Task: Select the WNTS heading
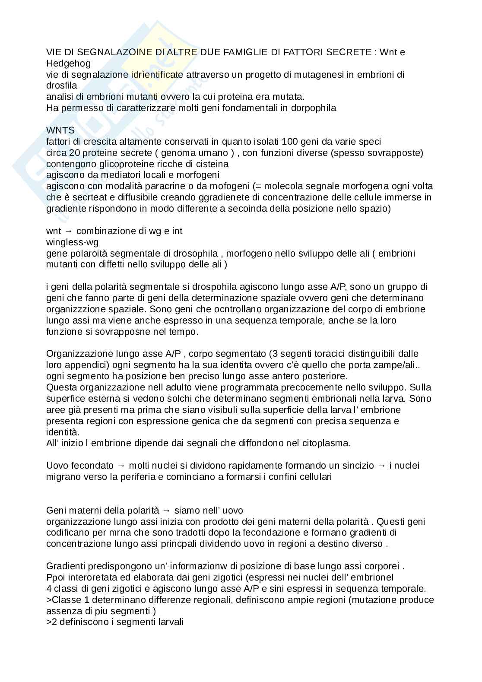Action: point(60,130)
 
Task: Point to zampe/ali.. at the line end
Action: point(395,365)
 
